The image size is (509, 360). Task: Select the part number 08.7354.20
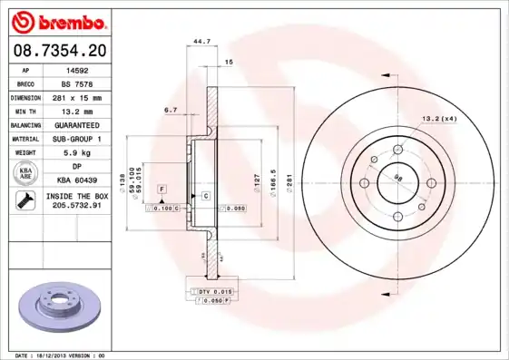[57, 51]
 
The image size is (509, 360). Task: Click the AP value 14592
[82, 69]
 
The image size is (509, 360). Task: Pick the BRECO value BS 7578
[82, 83]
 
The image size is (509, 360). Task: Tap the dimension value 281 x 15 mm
[82, 96]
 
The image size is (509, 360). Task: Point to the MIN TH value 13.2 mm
[82, 110]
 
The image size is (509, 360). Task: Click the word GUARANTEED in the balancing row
[82, 123]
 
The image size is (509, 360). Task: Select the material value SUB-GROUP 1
[82, 138]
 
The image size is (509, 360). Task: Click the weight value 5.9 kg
[82, 152]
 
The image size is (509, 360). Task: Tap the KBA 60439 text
[82, 181]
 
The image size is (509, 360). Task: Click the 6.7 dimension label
[170, 110]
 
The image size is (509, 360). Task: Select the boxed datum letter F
[162, 188]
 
